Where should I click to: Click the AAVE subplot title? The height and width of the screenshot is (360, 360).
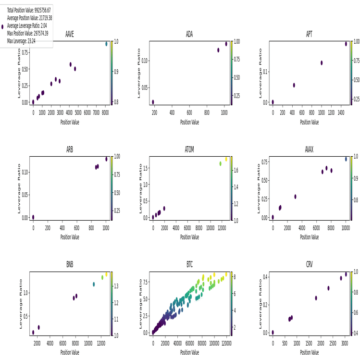(x=70, y=35)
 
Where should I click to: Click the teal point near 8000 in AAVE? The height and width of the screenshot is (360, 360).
(x=107, y=44)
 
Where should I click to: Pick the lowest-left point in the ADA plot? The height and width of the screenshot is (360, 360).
(x=153, y=102)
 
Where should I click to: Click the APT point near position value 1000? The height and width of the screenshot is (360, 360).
(x=322, y=63)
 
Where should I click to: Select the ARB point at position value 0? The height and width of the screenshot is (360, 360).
(x=33, y=217)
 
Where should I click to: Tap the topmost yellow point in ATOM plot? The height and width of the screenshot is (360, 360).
(x=226, y=159)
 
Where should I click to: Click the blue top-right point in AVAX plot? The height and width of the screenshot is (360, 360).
(x=346, y=159)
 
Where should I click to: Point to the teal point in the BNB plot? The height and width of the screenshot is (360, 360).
(x=94, y=284)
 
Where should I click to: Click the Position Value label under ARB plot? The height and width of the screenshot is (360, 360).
(x=70, y=237)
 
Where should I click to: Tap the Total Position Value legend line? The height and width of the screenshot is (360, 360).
(x=29, y=10)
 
